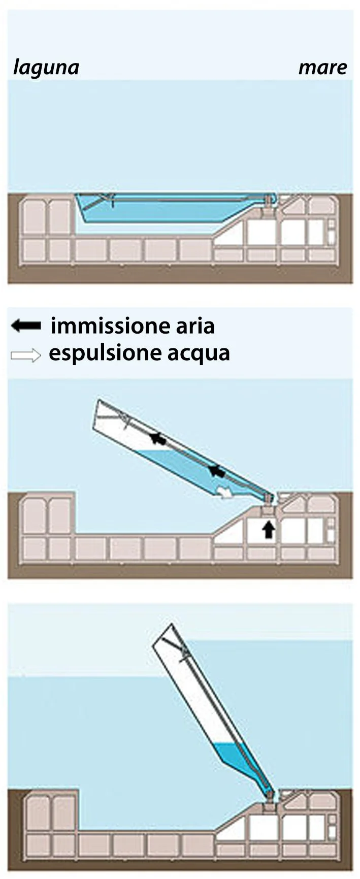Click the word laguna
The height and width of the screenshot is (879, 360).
point(46,68)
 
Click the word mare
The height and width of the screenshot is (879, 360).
point(323,68)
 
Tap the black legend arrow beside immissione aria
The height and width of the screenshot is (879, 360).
point(26,326)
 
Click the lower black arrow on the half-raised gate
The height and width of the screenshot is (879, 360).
point(218,471)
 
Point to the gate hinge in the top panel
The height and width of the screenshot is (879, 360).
point(268,202)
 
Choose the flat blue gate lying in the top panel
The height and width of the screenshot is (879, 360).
point(173,208)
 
